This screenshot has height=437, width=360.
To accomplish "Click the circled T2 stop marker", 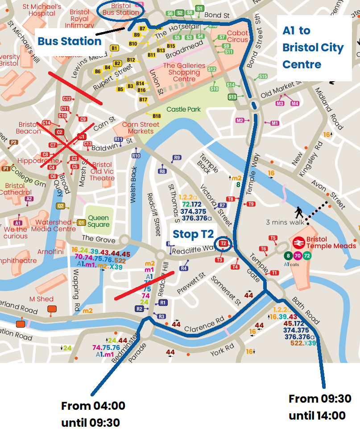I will tap(223, 243).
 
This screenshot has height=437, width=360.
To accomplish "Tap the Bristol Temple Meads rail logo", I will tap(299, 242).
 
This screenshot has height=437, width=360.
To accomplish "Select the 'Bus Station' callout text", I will tap(69, 42).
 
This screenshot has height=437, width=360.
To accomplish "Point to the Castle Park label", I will tap(183, 109).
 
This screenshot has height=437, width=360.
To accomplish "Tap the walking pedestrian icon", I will tap(298, 212).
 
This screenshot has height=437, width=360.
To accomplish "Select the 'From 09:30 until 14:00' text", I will tap(320, 407).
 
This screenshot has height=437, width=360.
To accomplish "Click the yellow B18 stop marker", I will tap(157, 116).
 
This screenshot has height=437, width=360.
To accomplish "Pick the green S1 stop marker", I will tap(199, 8).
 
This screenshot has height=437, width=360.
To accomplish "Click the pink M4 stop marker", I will tap(294, 104).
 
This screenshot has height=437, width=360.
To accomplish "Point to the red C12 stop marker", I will tap(67, 99).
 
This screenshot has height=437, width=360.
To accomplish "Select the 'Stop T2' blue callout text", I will tap(193, 234).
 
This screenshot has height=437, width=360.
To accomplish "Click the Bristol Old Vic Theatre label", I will tap(102, 171).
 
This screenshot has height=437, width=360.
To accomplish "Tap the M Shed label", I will tap(41, 299).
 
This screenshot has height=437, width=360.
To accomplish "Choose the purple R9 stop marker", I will tap(177, 158).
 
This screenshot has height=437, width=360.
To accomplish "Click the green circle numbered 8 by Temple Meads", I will tap(289, 256).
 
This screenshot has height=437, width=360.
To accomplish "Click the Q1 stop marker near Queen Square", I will tap(81, 222).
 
